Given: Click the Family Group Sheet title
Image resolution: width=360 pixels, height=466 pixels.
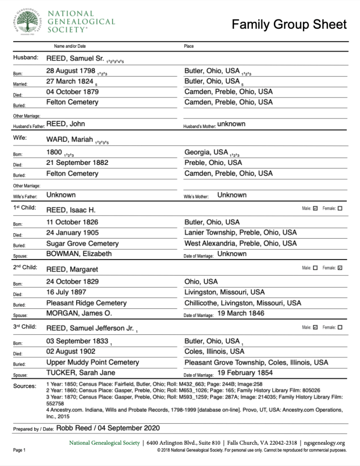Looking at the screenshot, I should coord(289,24).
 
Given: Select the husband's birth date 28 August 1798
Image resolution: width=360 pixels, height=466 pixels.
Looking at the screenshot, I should coord(71,71).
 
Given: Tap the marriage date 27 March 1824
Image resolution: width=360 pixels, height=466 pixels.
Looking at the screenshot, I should coord(69,82).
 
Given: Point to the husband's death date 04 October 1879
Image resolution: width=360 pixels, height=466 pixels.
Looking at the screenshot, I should coord(72,92).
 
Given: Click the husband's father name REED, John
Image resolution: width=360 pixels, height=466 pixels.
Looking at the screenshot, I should coord(66,124).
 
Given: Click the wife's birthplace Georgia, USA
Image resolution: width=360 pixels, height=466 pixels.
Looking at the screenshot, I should coord(206,152).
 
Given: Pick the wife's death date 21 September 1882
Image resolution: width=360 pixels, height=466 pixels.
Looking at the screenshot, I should coord(77,163).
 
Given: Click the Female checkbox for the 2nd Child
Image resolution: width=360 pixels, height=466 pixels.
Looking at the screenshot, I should coord(340,268).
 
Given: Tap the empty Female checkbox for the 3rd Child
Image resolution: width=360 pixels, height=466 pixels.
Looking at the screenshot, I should coord(340,327).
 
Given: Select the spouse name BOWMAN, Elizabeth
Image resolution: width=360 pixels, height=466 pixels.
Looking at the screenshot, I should coord(79,254).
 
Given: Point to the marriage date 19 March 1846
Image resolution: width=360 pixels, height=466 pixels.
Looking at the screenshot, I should coord(241,313).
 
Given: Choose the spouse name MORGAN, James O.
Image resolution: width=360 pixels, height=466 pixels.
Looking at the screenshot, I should coord(79,313).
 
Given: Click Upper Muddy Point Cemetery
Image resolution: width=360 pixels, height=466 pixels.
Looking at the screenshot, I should coord(93,362).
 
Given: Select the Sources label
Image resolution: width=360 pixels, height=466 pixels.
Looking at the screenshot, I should coord(25,386).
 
